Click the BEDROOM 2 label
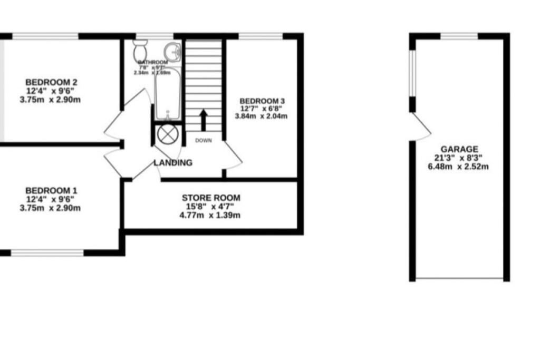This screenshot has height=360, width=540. [52, 82]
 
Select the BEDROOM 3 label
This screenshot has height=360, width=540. [263, 101]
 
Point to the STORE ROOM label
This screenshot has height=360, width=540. [211, 198]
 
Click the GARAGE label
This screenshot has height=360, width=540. [459, 149]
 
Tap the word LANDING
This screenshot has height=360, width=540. [173, 163]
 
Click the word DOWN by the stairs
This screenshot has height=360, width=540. [203, 141]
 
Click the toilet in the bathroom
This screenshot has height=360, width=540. [140, 51]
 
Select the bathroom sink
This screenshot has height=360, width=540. [172, 52]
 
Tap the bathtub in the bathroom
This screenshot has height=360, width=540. [168, 95]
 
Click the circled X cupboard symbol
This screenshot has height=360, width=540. [166, 134]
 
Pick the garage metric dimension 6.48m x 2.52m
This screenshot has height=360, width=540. [459, 167]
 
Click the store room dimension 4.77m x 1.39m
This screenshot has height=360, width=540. [211, 215]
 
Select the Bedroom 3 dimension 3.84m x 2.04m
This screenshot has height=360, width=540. [263, 116]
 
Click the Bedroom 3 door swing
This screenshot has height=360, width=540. [232, 155]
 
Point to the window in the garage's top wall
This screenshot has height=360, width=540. [459, 36]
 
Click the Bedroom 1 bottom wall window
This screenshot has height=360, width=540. [47, 253]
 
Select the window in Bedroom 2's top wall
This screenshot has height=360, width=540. [45, 36]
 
